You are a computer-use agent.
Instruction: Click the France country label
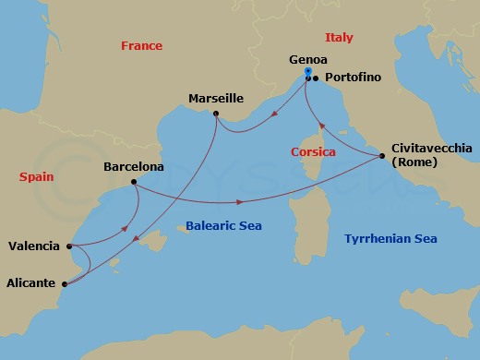click(x=141, y=46)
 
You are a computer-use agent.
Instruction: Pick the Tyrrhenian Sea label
click(x=390, y=239)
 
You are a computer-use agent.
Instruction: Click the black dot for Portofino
click(x=316, y=78)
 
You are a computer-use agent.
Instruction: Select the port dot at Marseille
click(x=215, y=114)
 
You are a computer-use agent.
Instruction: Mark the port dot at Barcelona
click(x=135, y=182)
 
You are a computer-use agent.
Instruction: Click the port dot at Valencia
click(x=69, y=246)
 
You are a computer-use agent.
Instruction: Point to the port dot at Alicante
click(x=64, y=284)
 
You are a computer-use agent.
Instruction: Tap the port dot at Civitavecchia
click(x=382, y=156)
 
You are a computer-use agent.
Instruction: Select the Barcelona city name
click(x=135, y=168)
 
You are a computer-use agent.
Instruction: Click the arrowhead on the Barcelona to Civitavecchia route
click(x=241, y=201)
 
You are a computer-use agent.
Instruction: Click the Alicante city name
click(x=30, y=283)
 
